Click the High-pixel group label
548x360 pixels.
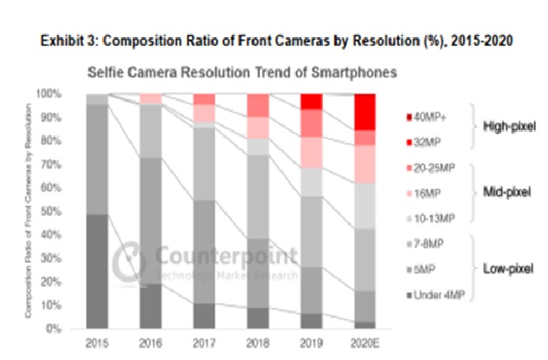(x=510, y=127)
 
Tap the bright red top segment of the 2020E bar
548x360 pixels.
(x=364, y=111)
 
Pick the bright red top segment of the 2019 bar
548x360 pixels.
(x=310, y=101)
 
